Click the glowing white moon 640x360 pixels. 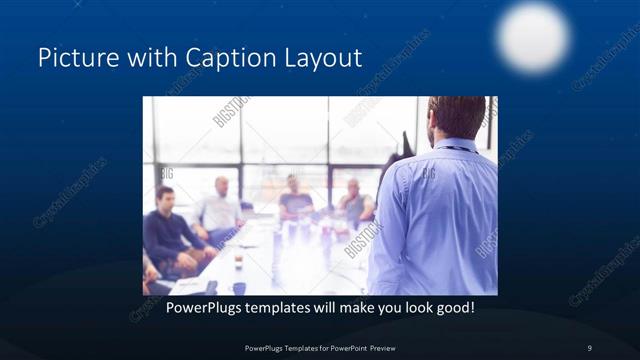533,36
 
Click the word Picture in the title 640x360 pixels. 76,58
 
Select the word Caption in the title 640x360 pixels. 233,58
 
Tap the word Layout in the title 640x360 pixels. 323,58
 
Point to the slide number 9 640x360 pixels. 590,347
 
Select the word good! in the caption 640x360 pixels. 453,307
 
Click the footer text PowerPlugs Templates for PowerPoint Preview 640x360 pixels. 319,347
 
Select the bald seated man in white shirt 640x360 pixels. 221,208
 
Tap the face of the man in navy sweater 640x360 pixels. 164,196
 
